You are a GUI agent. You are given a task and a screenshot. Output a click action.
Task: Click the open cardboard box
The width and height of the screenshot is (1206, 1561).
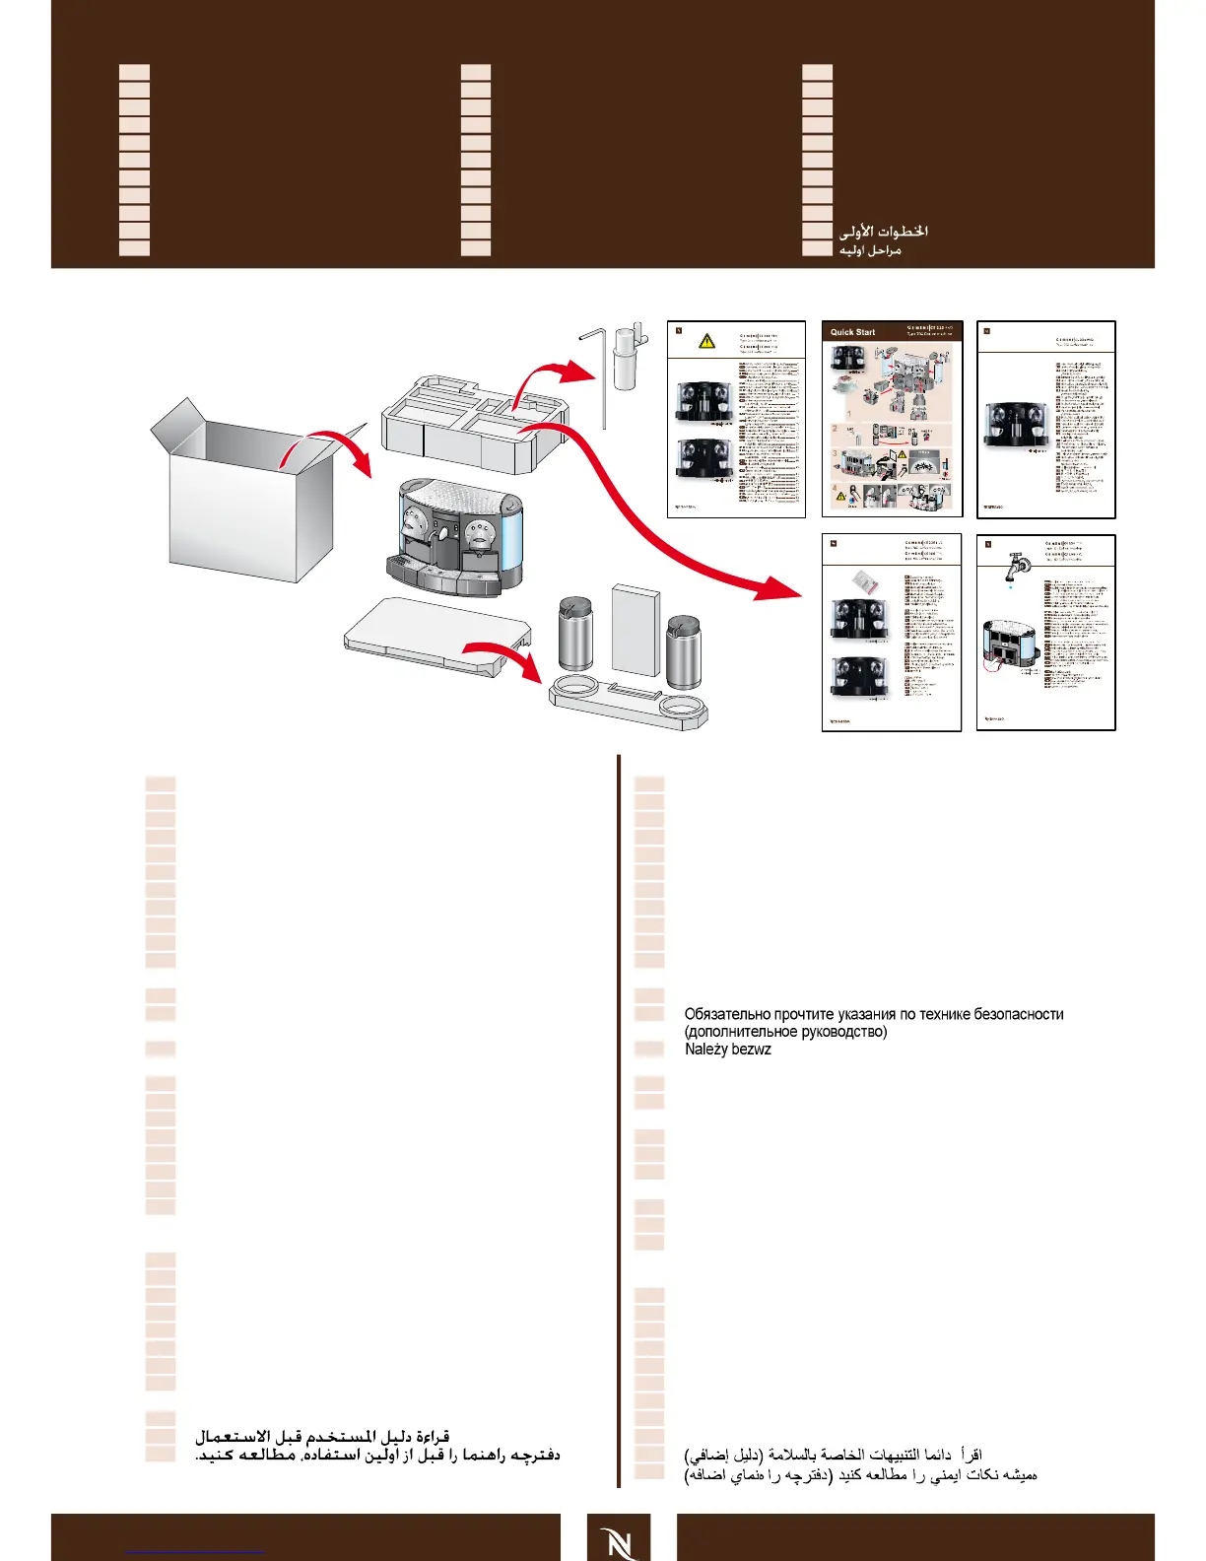click(x=241, y=503)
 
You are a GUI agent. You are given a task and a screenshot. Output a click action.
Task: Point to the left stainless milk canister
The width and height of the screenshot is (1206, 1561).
click(x=574, y=636)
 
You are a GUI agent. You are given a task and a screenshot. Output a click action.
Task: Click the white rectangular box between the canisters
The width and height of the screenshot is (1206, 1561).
click(x=636, y=631)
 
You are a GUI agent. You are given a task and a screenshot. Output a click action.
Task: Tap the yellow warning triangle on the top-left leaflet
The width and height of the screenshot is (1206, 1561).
click(x=706, y=341)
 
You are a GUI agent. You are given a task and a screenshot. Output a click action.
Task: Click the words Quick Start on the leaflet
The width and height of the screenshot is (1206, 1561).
click(x=852, y=332)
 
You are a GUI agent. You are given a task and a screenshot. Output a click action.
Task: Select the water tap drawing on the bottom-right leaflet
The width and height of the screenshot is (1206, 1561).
click(x=1015, y=567)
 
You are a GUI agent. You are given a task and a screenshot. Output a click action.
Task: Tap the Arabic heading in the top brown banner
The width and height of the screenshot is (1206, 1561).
click(x=883, y=232)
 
